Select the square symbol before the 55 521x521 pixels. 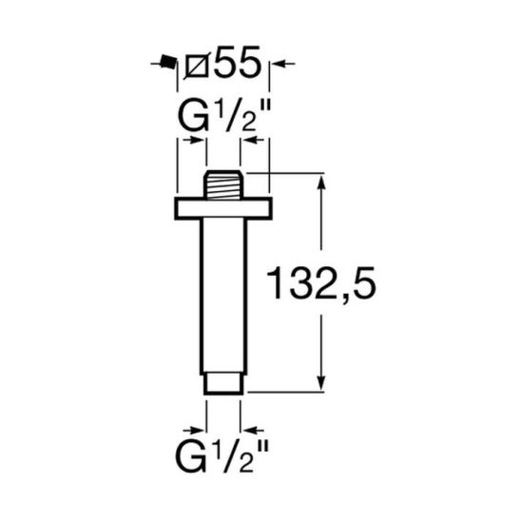(x=200, y=65)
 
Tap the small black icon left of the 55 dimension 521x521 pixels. (x=167, y=64)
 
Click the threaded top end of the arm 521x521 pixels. (x=223, y=184)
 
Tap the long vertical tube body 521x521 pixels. (x=223, y=295)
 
